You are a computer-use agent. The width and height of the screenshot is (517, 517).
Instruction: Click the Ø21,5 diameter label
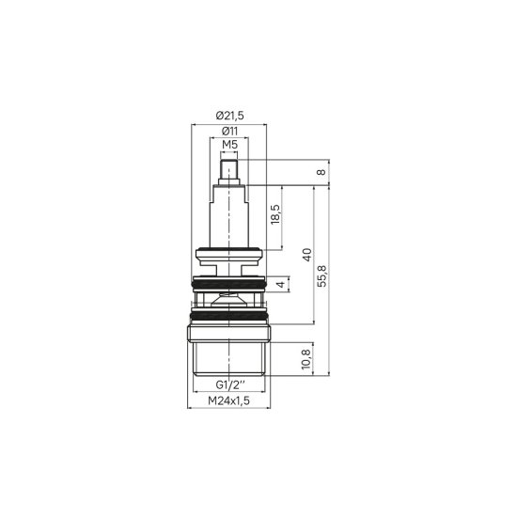tap(229, 115)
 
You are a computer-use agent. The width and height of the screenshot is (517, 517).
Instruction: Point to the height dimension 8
tap(321, 172)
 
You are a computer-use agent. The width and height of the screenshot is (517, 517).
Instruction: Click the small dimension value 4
tap(279, 283)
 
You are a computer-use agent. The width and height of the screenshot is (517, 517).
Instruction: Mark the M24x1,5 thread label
tap(229, 401)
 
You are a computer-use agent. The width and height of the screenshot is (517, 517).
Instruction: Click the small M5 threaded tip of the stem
tap(229, 172)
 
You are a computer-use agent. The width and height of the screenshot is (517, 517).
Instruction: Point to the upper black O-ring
tap(229, 283)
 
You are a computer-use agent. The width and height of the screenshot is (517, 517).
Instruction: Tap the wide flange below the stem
tap(229, 253)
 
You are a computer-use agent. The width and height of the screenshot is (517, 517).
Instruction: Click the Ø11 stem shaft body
tap(229, 216)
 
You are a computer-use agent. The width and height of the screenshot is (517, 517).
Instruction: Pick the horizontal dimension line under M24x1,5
tap(229, 410)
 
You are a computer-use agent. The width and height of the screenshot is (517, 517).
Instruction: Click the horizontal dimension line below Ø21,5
tap(229, 122)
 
